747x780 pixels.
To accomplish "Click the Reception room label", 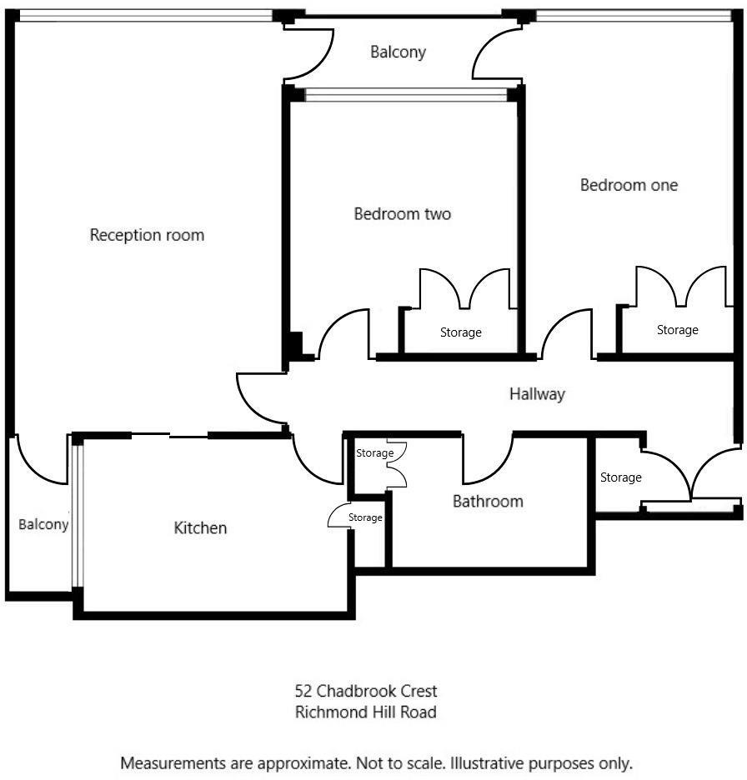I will (x=147, y=235).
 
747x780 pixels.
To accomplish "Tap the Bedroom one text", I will (x=629, y=185).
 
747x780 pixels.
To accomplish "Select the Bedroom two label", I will (x=402, y=214).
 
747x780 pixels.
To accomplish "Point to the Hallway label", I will (x=537, y=394).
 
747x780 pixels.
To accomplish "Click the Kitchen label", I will (x=200, y=528).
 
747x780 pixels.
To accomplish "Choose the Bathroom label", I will (x=488, y=502).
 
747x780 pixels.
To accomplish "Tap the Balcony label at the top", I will (x=398, y=52).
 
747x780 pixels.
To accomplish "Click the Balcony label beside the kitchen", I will (x=43, y=525).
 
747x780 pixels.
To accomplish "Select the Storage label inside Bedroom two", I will (x=460, y=332).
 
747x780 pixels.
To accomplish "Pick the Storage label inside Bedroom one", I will (x=677, y=330).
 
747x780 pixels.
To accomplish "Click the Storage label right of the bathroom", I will (x=620, y=477).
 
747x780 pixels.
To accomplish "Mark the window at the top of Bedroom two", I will (x=406, y=95).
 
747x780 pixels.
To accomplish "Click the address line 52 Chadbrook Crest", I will (x=366, y=691).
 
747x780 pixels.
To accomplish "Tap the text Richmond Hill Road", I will (x=366, y=712).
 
